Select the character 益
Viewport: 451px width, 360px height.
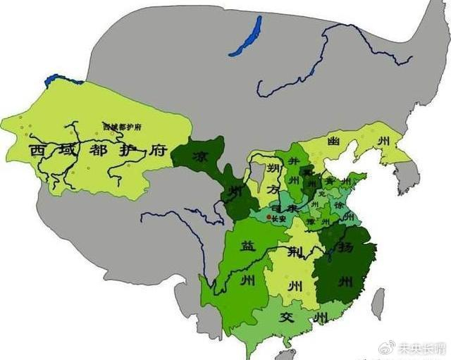pyautogui.click(x=247, y=246)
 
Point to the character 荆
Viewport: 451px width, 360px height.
pyautogui.click(x=290, y=250)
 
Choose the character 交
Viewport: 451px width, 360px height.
pyautogui.click(x=288, y=316)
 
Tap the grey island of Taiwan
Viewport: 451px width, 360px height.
pyautogui.click(x=378, y=303)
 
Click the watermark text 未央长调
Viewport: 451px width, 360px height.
pyautogui.click(x=421, y=348)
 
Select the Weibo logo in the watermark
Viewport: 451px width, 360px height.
pyautogui.click(x=386, y=348)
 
